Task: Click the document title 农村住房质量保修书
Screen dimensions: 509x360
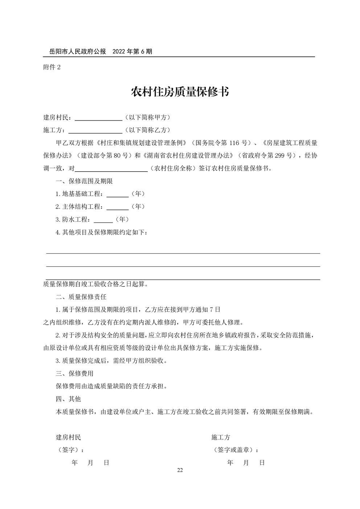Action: point(180,92)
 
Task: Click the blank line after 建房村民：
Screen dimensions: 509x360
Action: point(98,118)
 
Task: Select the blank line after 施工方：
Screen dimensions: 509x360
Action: point(95,131)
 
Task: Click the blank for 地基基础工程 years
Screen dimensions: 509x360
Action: point(117,194)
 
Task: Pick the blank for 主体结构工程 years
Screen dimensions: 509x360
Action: point(117,207)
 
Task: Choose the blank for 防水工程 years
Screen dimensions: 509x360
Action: point(103,220)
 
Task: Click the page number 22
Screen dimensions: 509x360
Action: point(180,471)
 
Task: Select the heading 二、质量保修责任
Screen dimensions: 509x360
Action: point(81,297)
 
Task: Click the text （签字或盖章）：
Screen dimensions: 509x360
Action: point(236,450)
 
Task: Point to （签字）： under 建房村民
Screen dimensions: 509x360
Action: point(70,450)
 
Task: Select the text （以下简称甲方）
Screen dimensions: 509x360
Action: point(147,118)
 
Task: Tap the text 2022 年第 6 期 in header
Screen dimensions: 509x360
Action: point(132,52)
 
